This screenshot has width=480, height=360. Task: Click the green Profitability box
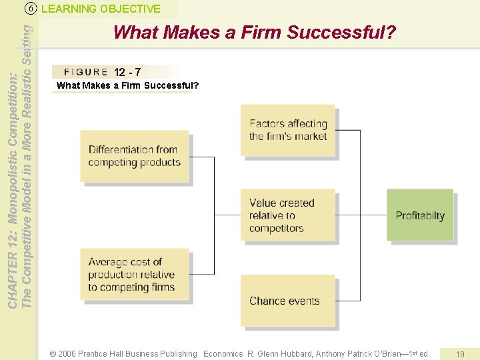(420, 215)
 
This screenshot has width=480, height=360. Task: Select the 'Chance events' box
(287, 301)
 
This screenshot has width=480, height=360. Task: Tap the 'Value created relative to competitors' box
(287, 215)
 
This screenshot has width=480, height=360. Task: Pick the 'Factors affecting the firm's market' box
(287, 130)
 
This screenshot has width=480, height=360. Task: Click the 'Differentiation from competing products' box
(135, 156)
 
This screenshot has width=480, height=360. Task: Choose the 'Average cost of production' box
(134, 274)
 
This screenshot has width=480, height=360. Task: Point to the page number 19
(459, 354)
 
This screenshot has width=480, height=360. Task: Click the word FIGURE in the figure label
(85, 72)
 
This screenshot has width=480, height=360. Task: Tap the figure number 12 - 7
(127, 72)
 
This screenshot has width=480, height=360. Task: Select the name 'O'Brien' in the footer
(395, 354)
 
